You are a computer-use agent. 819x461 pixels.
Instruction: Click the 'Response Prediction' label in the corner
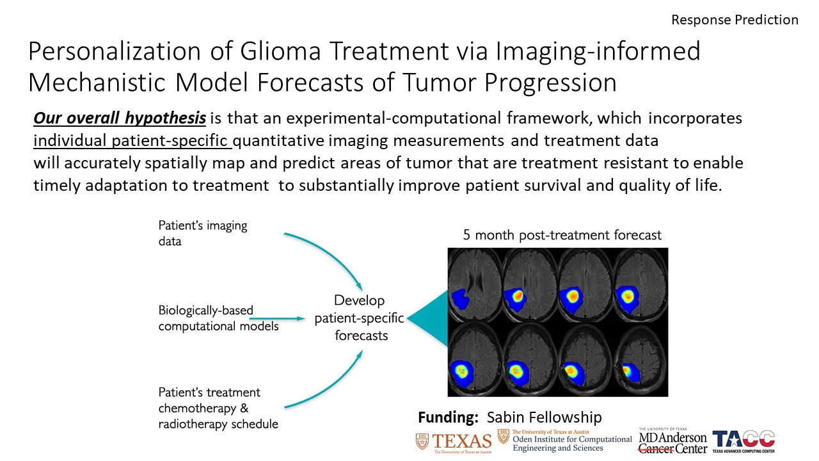click(735, 20)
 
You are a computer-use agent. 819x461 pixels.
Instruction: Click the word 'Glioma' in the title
click(280, 51)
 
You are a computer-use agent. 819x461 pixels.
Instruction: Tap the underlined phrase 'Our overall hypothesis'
click(120, 118)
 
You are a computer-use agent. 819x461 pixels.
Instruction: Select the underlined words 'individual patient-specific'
click(132, 140)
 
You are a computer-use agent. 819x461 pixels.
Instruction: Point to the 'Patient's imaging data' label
click(203, 234)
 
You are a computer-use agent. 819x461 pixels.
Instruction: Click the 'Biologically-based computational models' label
click(218, 318)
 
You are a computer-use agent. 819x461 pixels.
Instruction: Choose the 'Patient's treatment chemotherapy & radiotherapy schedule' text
click(218, 408)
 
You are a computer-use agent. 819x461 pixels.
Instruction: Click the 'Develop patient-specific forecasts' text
click(360, 318)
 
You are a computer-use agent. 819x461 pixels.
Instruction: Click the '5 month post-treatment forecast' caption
click(562, 235)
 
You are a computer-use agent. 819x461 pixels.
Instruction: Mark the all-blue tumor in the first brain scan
click(460, 299)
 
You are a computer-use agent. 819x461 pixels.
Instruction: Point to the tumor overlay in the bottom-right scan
click(630, 373)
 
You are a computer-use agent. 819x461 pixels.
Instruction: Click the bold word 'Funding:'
click(449, 417)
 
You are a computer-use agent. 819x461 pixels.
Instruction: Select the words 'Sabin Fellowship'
click(544, 417)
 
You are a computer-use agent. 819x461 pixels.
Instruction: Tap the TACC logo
click(743, 441)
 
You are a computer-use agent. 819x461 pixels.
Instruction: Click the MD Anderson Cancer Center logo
click(672, 441)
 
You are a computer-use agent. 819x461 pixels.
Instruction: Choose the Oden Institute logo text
click(565, 441)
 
